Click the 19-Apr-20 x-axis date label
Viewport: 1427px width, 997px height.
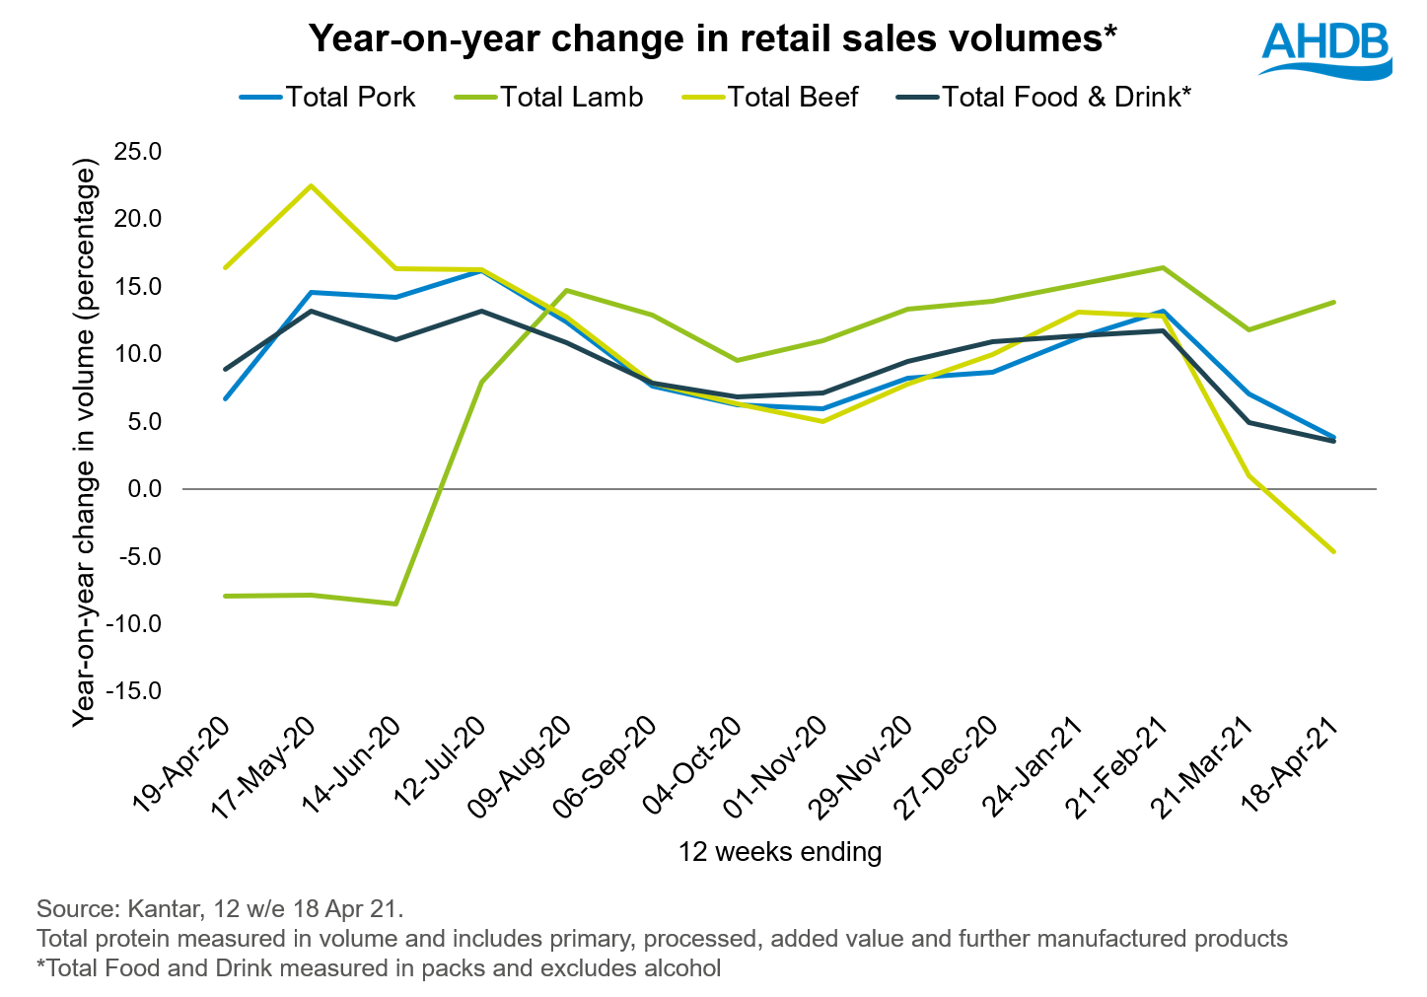point(182,765)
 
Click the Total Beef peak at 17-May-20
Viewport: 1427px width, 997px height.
point(312,185)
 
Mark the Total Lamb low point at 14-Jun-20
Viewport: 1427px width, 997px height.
point(396,604)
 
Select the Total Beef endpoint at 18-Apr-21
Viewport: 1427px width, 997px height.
point(1334,551)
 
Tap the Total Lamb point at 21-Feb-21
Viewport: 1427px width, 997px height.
point(1164,267)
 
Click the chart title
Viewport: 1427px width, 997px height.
point(712,38)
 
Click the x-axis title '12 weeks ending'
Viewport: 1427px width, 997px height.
point(779,851)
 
